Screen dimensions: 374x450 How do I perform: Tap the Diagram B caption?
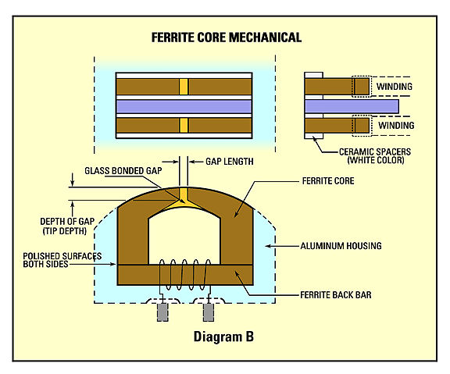tap(226, 338)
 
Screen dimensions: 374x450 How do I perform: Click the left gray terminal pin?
tap(163, 312)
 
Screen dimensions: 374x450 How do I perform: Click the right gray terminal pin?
tap(209, 312)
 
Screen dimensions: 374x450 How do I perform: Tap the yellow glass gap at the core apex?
tap(184, 195)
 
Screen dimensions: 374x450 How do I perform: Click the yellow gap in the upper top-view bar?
tap(184, 86)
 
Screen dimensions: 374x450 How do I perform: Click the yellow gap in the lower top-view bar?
tap(184, 125)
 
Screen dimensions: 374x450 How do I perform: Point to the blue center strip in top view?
tap(184, 105)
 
